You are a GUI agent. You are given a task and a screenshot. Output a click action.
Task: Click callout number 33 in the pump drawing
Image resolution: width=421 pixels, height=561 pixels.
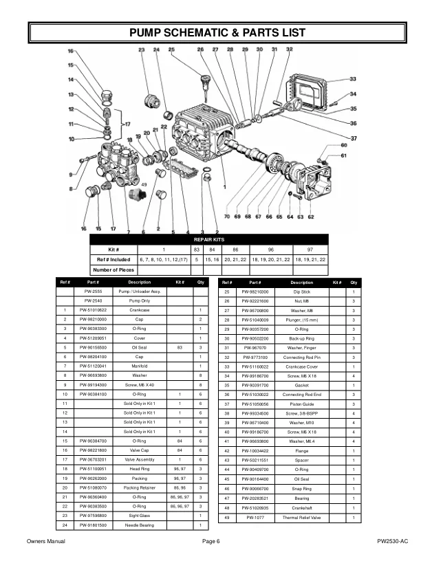[353, 79]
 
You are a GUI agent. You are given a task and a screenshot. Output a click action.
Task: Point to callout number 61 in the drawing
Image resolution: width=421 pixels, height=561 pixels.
[344, 156]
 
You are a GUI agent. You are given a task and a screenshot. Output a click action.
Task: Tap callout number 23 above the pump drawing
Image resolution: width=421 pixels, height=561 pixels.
[142, 50]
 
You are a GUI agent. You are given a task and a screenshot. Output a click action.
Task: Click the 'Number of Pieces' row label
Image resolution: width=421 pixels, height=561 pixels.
[114, 270]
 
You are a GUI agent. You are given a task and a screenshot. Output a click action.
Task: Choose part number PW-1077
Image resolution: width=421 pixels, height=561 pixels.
[255, 516]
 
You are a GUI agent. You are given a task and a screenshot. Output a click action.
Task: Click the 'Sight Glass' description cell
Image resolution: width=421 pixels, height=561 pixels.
[139, 516]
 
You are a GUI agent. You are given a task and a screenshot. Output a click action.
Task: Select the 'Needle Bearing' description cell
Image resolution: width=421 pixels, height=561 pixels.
[139, 525]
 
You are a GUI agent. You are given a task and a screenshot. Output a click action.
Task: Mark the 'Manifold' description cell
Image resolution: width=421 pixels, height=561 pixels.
[139, 366]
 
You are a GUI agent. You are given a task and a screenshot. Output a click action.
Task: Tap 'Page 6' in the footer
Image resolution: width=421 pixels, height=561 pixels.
[210, 542]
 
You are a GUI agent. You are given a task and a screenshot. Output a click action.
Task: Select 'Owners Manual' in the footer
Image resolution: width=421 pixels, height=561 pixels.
[45, 542]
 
